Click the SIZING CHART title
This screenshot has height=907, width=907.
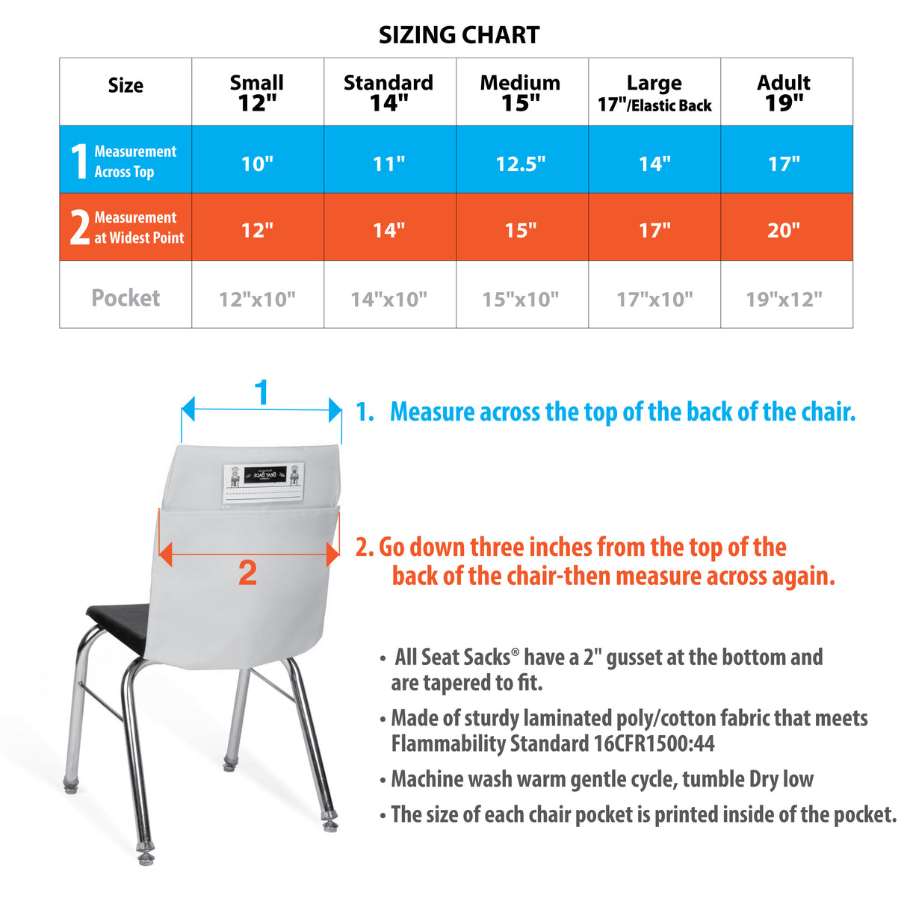(459, 35)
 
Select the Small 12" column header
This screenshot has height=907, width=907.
(257, 92)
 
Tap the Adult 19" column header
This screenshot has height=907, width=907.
(784, 92)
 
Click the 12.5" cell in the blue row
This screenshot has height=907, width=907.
(521, 164)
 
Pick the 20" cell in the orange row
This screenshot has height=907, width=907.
(784, 230)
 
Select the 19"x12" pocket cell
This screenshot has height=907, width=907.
(784, 300)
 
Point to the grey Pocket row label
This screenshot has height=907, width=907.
(126, 298)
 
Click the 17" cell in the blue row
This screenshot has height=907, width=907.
(784, 164)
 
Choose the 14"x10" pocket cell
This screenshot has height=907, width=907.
(389, 300)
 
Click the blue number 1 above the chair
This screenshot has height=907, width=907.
(261, 392)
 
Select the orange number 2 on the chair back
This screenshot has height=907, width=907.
(247, 573)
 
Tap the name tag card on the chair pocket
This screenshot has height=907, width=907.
(264, 483)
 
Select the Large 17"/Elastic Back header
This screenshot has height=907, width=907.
(654, 93)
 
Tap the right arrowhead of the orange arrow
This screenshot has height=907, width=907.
(333, 554)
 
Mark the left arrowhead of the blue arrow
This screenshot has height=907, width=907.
(188, 409)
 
